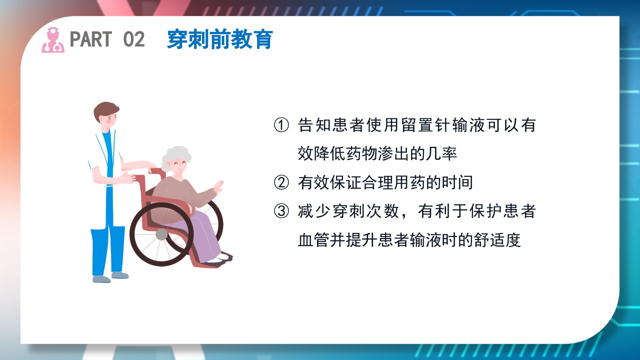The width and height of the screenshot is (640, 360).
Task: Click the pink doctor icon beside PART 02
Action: point(52,40)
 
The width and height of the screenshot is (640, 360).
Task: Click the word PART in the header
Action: point(91,39)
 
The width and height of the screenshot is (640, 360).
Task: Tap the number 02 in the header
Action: point(133,39)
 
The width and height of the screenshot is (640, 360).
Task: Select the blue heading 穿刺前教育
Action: point(219,39)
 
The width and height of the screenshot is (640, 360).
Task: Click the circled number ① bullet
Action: point(281,125)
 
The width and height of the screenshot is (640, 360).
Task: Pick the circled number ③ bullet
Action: point(281,211)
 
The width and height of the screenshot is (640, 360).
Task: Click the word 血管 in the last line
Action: point(312,240)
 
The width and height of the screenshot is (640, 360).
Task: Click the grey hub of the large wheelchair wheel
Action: point(161,234)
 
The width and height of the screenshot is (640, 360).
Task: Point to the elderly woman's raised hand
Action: point(218,187)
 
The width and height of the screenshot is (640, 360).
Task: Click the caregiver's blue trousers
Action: point(107,250)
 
